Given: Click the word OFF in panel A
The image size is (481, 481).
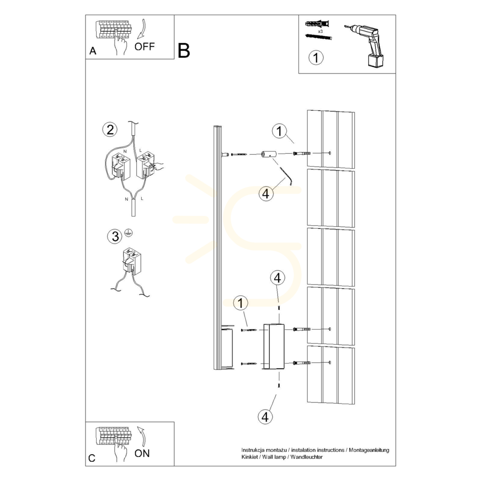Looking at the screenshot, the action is click(144, 47).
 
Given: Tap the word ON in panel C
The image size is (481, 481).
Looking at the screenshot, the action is click(142, 453).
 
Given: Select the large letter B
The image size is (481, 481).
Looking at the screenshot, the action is click(184, 51).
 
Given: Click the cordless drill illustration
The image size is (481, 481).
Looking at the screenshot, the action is click(364, 45).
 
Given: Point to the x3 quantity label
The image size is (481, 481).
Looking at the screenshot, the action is click(320, 31).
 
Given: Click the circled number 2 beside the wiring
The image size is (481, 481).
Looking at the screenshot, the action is click(110, 130).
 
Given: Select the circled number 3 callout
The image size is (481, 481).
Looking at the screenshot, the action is click(115, 236).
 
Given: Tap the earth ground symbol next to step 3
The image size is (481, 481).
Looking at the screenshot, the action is click(129, 233).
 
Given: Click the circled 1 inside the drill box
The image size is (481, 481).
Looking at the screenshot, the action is click(316, 57).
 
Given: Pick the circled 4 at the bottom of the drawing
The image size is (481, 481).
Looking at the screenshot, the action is click(265, 417).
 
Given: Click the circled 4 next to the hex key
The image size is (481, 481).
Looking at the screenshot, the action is click(266, 194).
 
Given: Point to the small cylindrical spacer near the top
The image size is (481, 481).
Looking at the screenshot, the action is click(269, 154).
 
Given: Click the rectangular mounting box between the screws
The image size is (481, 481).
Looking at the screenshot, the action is click(274, 346).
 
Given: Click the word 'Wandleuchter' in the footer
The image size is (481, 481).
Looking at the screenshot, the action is click(306, 457).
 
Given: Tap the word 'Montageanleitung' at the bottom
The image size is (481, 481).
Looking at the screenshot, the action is click(369, 450).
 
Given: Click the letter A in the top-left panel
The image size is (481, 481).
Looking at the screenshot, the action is click(93, 51).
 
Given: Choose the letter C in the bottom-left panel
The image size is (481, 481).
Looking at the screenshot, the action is click(92, 458).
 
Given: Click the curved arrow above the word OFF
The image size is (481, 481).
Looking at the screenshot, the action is click(142, 29).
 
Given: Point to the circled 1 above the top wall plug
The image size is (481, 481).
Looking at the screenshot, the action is click(279, 131).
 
